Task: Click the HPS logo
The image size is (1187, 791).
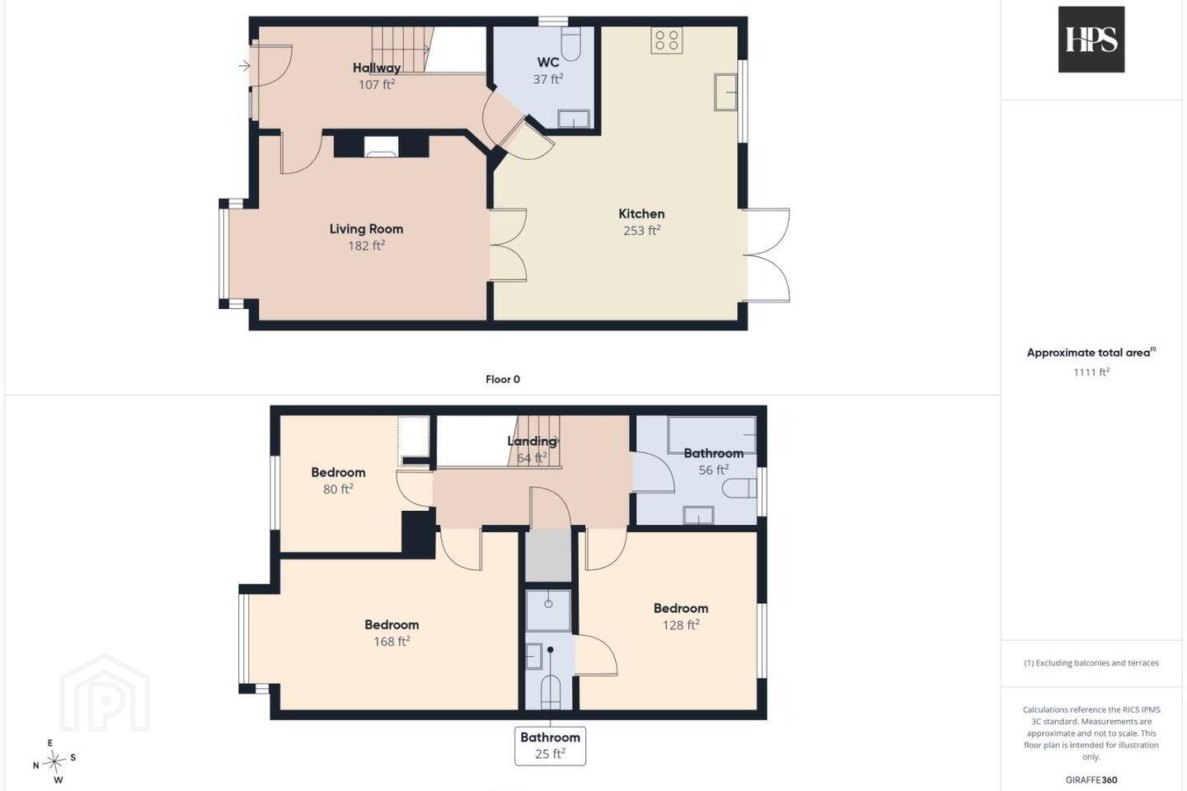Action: coord(1091,40)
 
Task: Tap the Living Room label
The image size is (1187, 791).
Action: coord(366,229)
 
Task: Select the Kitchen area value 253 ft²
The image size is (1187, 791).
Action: coord(641,231)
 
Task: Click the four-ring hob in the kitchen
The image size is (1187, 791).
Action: coord(667,40)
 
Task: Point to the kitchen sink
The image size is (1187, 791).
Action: coord(725,92)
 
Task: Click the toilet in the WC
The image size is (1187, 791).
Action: coord(570,44)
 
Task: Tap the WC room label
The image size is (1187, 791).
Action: coord(548,63)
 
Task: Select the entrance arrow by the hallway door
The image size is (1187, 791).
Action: coord(244,66)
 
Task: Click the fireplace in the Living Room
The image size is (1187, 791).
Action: coord(381,146)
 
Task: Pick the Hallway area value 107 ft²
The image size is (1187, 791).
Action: coord(377,84)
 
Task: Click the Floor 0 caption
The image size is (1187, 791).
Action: coord(503,379)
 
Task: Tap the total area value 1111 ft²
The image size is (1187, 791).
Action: coord(1091,372)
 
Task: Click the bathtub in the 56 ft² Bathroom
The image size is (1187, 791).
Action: coord(711,436)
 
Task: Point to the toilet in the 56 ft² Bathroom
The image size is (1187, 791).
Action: coord(739,488)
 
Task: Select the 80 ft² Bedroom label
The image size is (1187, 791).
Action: coord(338,473)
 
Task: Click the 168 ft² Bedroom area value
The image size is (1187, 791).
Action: coord(392,642)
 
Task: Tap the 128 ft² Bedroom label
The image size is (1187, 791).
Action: coord(681,608)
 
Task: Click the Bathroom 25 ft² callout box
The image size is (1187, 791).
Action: coord(550,746)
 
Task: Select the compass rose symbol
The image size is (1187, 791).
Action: coord(54,762)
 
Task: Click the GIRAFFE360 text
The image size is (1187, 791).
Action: coord(1091,779)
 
